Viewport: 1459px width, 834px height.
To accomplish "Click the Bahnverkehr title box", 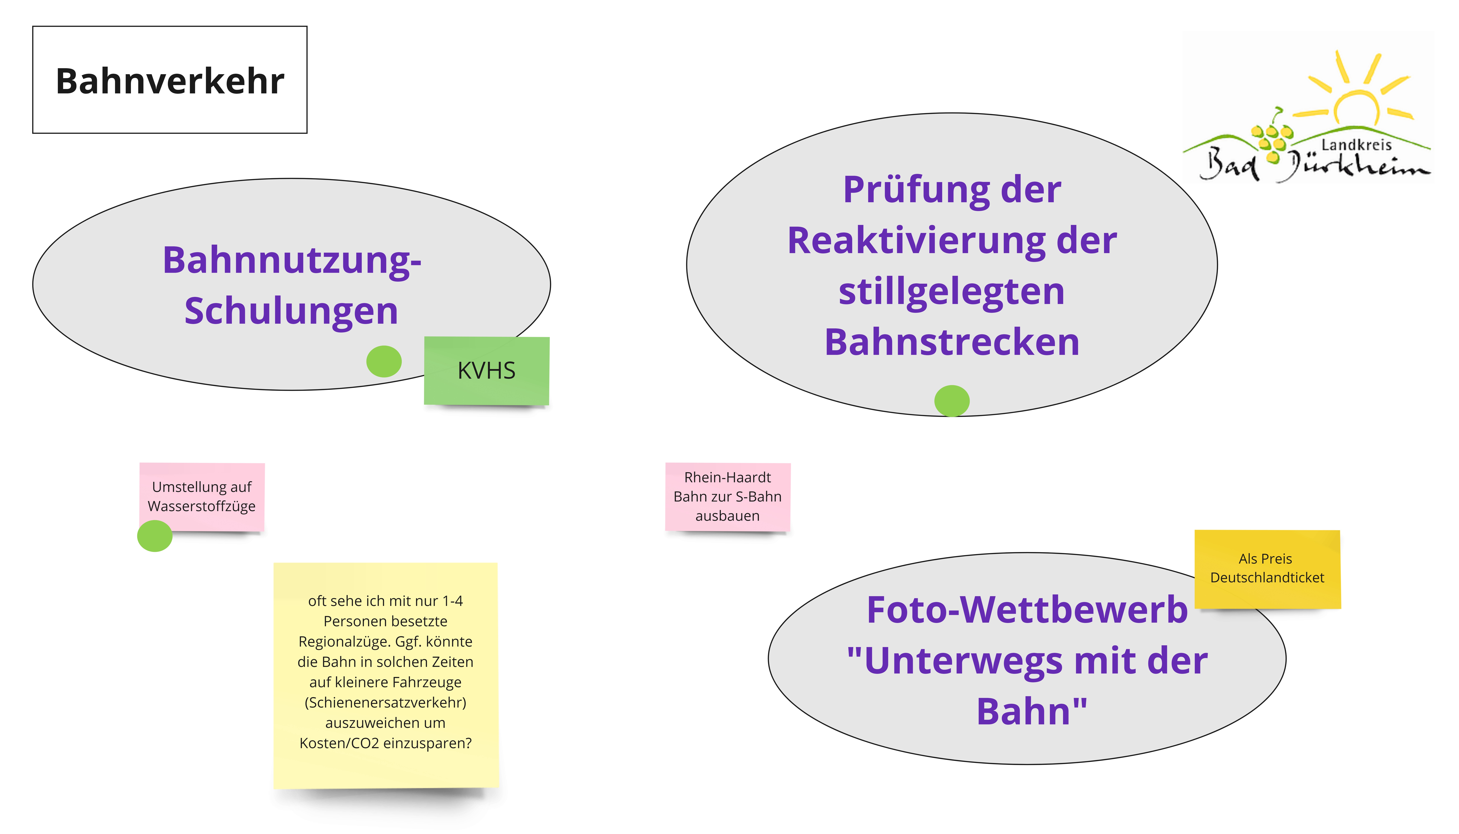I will (170, 80).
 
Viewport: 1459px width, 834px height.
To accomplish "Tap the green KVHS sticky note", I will (486, 371).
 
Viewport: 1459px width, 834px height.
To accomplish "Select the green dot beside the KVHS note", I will (383, 361).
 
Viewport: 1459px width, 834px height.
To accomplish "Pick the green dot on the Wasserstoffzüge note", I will (155, 536).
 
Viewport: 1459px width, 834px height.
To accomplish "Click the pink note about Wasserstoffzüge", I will (202, 496).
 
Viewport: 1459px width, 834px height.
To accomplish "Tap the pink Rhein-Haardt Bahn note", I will (728, 497).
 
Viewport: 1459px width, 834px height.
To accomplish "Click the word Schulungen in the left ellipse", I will (291, 311).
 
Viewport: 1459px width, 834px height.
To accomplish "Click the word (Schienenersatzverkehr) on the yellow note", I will (385, 702).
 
